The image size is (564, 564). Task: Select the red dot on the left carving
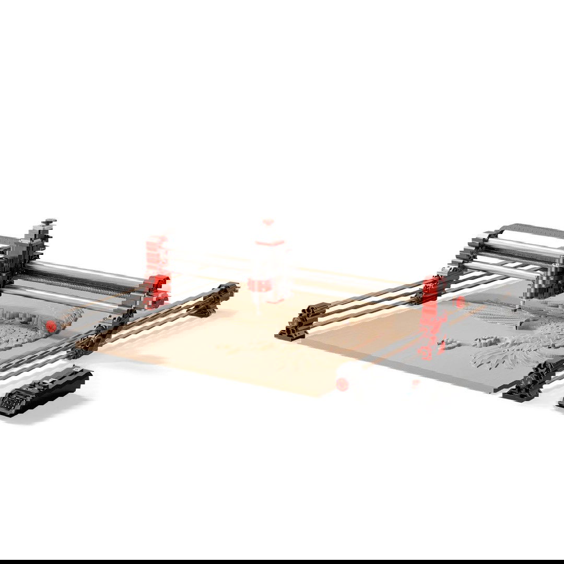pos(51,326)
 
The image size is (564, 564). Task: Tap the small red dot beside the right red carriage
pos(460,302)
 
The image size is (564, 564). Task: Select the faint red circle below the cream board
pos(342,385)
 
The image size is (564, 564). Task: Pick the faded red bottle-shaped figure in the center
pos(269,261)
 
